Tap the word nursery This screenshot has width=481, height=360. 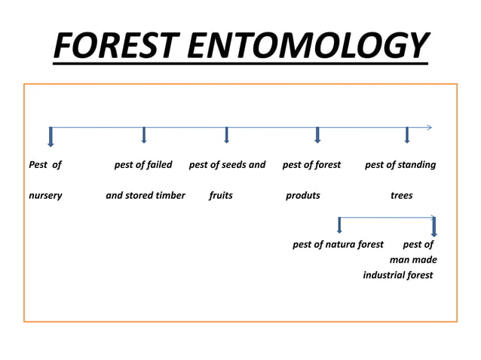click(x=45, y=195)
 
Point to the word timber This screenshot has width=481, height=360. click(x=169, y=195)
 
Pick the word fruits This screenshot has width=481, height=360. click(x=221, y=195)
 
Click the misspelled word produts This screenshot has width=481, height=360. click(x=303, y=195)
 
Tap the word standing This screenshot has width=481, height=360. click(x=418, y=164)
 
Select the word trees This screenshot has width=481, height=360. click(x=402, y=195)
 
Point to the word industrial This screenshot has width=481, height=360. click(x=384, y=275)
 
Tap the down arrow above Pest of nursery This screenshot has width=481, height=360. click(x=51, y=137)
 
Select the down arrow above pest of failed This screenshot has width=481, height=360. click(x=144, y=136)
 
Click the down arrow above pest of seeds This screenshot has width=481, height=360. click(x=227, y=136)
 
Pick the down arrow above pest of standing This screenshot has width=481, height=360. click(x=407, y=136)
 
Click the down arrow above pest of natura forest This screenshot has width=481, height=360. click(x=339, y=225)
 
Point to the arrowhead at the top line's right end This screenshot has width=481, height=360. click(x=429, y=127)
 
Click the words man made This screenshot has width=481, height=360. click(x=413, y=260)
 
